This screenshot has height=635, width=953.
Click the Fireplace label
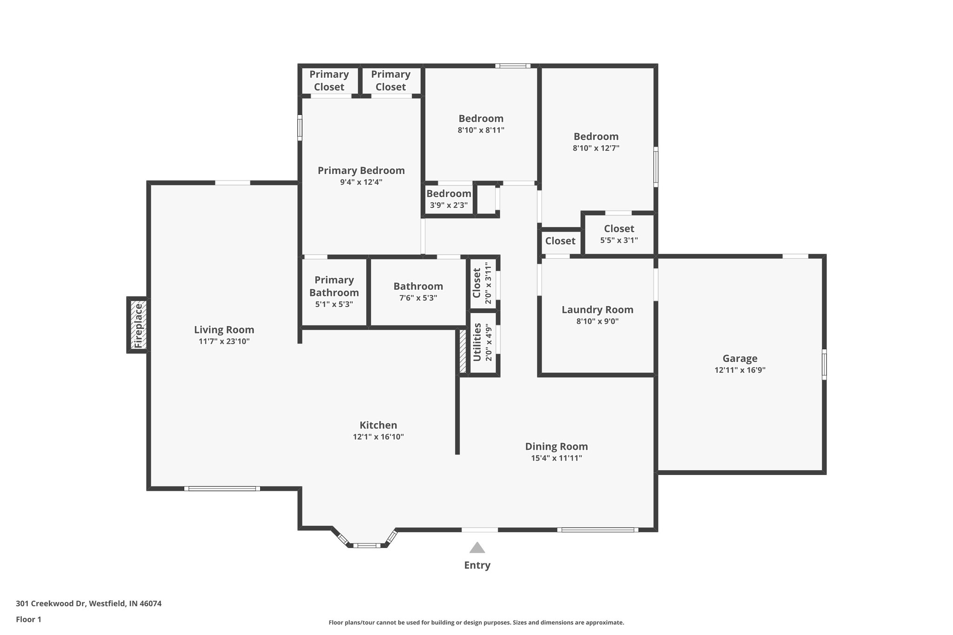[x=138, y=325]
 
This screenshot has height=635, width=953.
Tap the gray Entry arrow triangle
[x=477, y=548]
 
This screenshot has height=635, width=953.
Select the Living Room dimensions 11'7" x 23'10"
[x=224, y=341]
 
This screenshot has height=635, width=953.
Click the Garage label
[x=739, y=358]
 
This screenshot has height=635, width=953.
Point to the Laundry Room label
[x=597, y=309]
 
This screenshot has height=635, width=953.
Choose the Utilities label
[x=477, y=342]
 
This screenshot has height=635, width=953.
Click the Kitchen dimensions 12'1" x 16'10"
[x=378, y=437]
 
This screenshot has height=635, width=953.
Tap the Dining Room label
[x=556, y=446]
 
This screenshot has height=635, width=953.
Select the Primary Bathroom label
[x=334, y=286]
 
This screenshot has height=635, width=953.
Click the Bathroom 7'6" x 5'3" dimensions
[x=418, y=298]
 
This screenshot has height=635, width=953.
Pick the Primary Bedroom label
[x=361, y=170]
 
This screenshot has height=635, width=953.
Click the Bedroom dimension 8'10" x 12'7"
[x=596, y=148]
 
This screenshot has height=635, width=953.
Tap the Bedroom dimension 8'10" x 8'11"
[x=481, y=130]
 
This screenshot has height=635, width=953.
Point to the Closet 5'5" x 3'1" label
[x=618, y=228]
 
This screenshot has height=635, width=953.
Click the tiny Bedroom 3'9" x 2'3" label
[x=449, y=194]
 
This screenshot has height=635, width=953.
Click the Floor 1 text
[x=28, y=619]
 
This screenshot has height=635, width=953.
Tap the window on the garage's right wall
[x=824, y=364]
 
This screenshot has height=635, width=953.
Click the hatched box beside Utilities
[x=463, y=351]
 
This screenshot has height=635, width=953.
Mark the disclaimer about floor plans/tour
[x=476, y=622]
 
